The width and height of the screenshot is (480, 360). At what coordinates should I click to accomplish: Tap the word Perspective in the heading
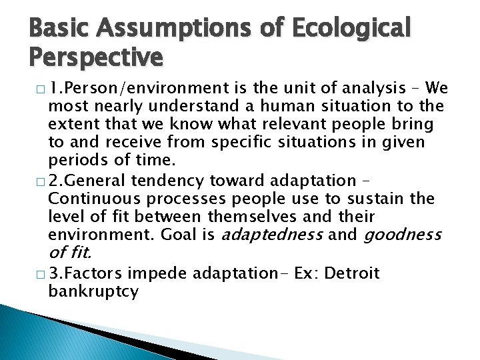point(96,57)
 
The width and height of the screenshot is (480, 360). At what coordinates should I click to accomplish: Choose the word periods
point(77,160)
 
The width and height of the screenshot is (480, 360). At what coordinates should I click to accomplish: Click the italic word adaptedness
point(272,235)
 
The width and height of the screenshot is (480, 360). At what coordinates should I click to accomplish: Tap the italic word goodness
point(402,235)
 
